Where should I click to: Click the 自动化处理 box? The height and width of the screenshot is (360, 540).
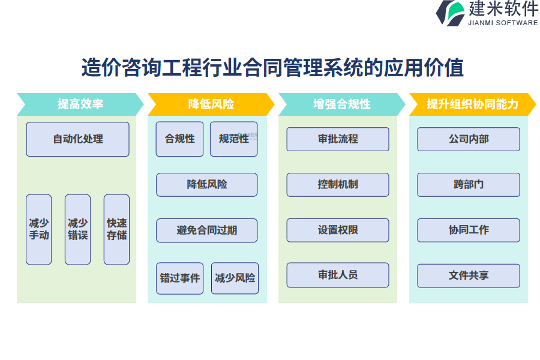pyautogui.click(x=78, y=139)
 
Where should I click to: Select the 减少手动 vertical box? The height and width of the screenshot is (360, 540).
pyautogui.click(x=39, y=229)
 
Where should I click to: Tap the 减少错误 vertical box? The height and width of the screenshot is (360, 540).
pyautogui.click(x=78, y=229)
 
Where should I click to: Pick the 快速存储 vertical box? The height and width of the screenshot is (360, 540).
pyautogui.click(x=117, y=229)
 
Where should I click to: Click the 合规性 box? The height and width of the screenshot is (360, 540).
pyautogui.click(x=179, y=139)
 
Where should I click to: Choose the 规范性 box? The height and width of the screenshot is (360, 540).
pyautogui.click(x=234, y=139)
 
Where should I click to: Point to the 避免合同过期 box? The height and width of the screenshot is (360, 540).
pyautogui.click(x=206, y=230)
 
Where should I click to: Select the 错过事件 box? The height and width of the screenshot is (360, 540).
pyautogui.click(x=180, y=278)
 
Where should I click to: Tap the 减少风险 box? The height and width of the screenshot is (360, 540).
pyautogui.click(x=235, y=278)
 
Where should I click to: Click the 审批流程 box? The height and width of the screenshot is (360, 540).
pyautogui.click(x=338, y=139)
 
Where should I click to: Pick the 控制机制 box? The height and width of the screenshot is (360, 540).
pyautogui.click(x=338, y=185)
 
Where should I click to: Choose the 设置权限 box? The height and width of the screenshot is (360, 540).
pyautogui.click(x=338, y=230)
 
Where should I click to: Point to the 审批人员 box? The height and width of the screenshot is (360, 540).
pyautogui.click(x=338, y=275)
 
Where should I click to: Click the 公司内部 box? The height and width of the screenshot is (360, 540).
pyautogui.click(x=469, y=139)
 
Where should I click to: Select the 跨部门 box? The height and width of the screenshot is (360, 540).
pyautogui.click(x=469, y=185)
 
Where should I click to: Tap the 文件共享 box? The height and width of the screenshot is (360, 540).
pyautogui.click(x=469, y=275)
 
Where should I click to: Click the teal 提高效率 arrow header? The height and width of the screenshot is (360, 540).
pyautogui.click(x=80, y=104)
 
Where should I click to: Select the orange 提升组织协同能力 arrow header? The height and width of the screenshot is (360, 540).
pyautogui.click(x=473, y=104)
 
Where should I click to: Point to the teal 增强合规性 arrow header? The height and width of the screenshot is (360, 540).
pyautogui.click(x=342, y=104)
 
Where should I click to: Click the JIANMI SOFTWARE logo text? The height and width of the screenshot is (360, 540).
pyautogui.click(x=503, y=23)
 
